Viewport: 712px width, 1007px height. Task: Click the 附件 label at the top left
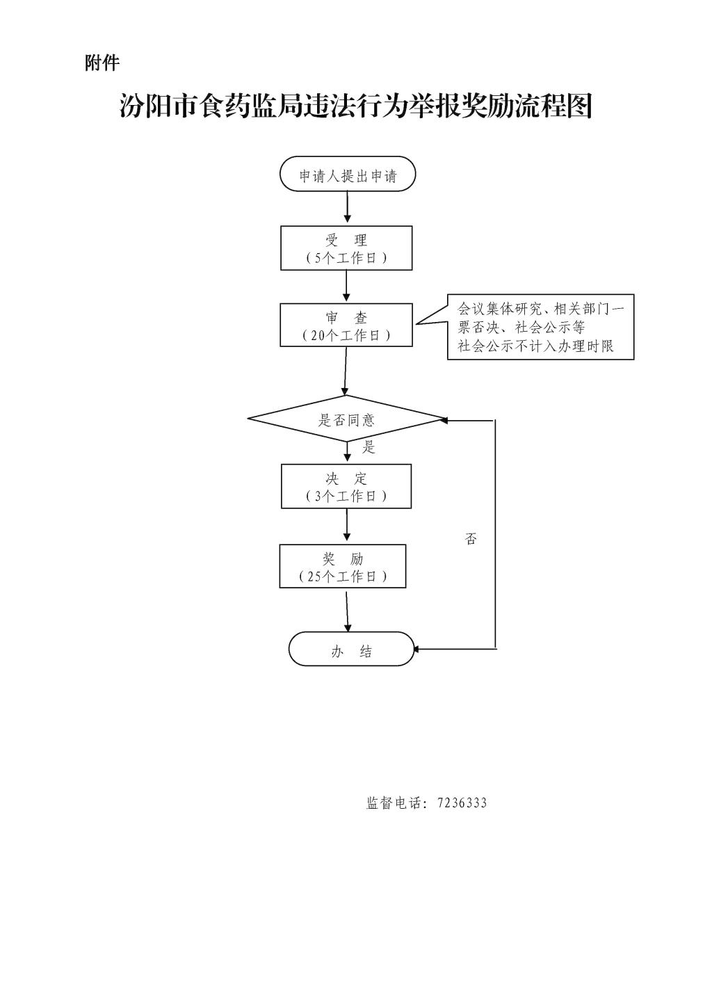[x=102, y=63]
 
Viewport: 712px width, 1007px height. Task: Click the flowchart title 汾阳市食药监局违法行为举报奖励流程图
[x=355, y=106]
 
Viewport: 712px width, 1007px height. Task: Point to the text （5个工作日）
[x=346, y=258]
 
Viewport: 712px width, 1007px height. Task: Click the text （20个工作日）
[x=346, y=335]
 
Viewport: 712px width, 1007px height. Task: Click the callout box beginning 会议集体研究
[x=540, y=327]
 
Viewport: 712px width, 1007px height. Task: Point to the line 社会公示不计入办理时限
[x=535, y=346]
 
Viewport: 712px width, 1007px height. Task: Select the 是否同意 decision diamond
[x=346, y=419]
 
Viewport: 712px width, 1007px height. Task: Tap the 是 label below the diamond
[x=369, y=447]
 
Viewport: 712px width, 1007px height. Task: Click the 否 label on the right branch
[x=471, y=539]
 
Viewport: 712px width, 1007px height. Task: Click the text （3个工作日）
[x=346, y=497]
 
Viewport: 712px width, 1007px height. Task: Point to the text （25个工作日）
[x=343, y=577]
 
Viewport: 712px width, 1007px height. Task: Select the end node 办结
[x=351, y=650]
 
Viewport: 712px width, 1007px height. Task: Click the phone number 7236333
[x=462, y=803]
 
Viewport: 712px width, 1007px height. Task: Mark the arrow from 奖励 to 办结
[x=346, y=610]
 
